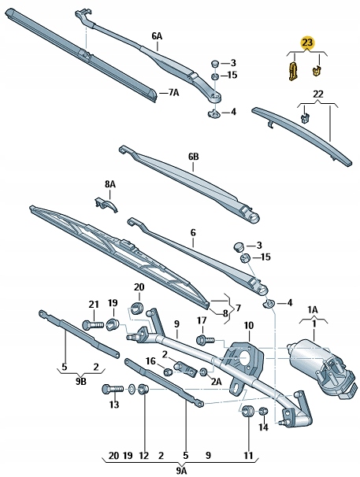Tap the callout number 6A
(157, 36)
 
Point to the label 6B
(194, 157)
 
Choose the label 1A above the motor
(312, 309)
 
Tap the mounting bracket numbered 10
(247, 358)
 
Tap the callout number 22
(319, 95)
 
